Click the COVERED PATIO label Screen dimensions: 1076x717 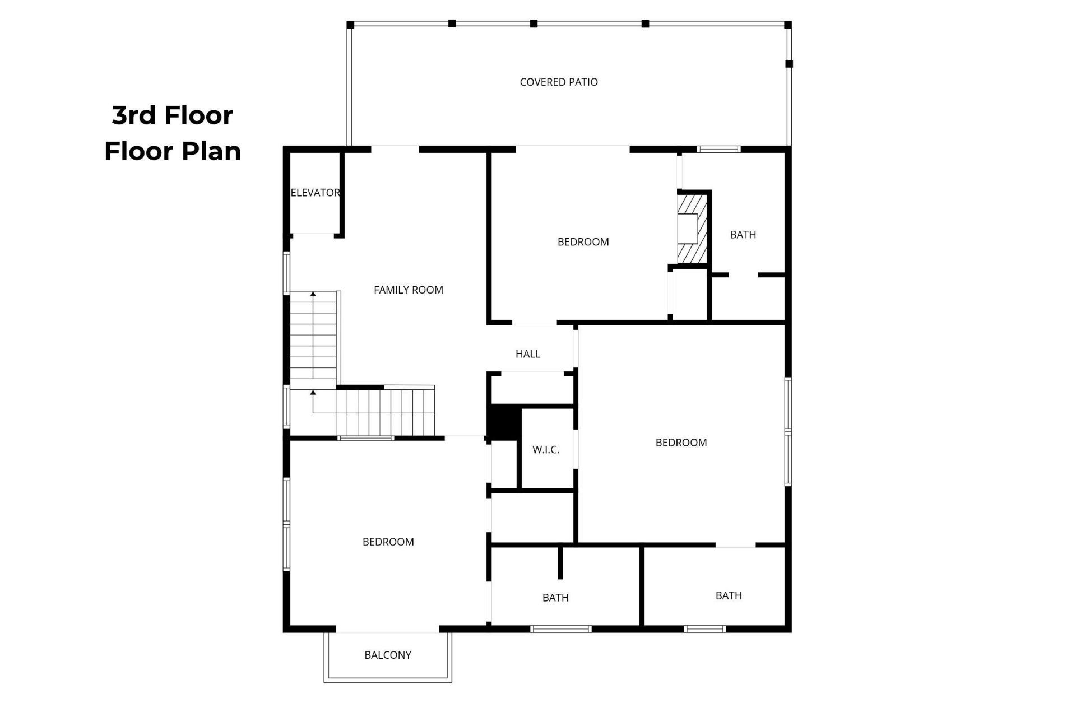[x=559, y=82]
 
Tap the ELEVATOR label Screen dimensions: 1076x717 [x=315, y=193]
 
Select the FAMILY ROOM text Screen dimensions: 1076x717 [x=409, y=290]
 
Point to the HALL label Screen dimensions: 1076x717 [x=528, y=354]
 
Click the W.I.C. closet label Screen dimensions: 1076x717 [x=546, y=450]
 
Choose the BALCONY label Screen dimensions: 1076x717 [x=388, y=655]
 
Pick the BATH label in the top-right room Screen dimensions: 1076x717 [x=743, y=235]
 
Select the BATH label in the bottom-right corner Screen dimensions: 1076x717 [x=729, y=595]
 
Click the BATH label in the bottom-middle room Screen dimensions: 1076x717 [x=555, y=598]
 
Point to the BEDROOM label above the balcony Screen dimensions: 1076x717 [x=388, y=542]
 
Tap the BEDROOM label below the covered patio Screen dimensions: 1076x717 [x=583, y=242]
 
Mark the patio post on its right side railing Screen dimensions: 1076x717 [x=789, y=64]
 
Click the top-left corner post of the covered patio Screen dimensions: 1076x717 [x=350, y=25]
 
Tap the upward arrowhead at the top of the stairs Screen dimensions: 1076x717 [x=313, y=294]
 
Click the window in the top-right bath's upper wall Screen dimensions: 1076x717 [x=719, y=150]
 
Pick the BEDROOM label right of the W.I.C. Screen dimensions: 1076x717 [x=681, y=443]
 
